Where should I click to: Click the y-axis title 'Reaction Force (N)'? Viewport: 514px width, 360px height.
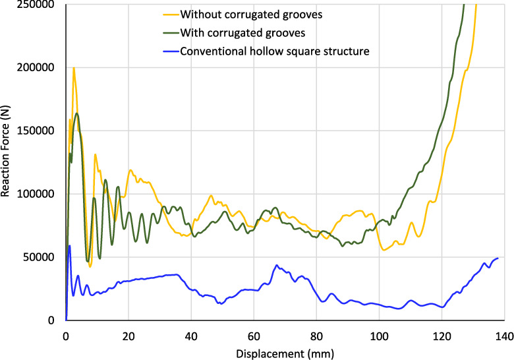[6, 160]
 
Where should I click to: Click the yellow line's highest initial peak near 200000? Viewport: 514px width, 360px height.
[74, 68]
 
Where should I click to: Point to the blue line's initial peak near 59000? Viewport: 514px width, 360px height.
[69, 246]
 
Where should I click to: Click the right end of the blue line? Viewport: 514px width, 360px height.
[498, 258]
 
